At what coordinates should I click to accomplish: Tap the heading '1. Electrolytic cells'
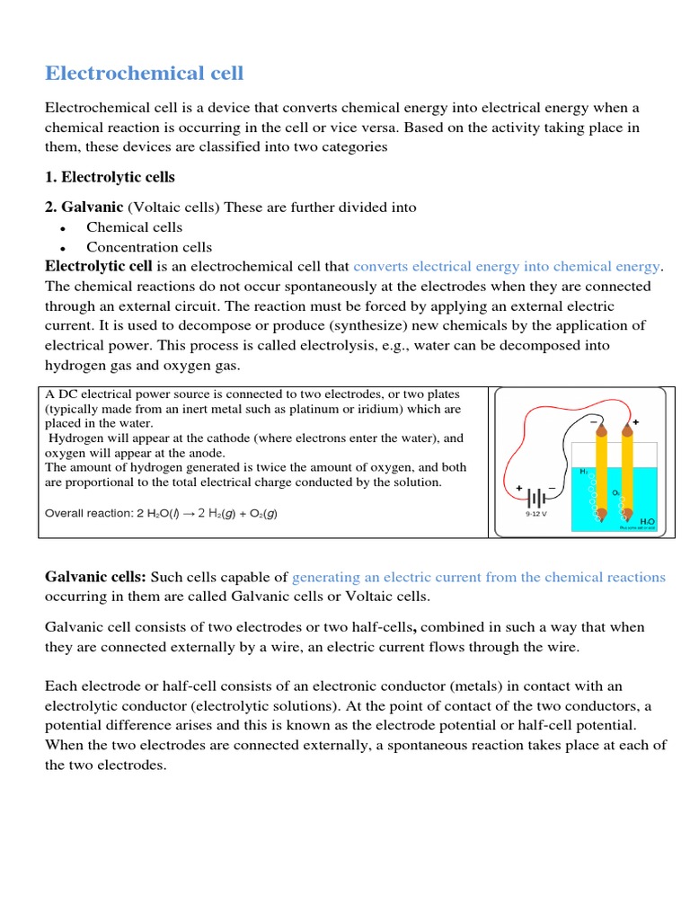110,177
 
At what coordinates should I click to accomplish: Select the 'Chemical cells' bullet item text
134,227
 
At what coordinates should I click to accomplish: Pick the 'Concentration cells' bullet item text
149,247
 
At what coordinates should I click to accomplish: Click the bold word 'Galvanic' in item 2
84,208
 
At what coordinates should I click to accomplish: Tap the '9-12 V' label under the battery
537,516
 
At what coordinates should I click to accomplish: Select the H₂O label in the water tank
646,520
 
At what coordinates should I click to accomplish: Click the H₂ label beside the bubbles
583,471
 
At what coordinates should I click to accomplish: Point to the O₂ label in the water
616,491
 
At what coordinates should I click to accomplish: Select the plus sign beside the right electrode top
636,421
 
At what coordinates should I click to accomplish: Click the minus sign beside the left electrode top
593,420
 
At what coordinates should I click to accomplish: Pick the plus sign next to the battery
519,488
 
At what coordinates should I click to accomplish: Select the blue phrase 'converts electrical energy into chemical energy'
507,267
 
